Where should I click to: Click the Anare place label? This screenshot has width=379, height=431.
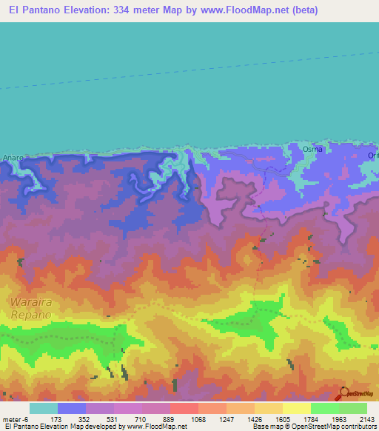13,158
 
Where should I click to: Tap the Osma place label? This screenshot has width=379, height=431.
312,149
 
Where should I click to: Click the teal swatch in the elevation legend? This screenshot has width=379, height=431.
44,408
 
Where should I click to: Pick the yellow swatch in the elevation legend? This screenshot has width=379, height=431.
297,408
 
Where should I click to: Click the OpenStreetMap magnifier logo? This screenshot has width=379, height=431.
343,393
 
